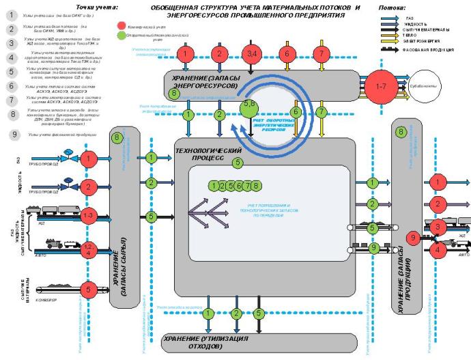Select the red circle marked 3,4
252,53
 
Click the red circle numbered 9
412,237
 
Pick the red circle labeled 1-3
88,216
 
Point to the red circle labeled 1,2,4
88,249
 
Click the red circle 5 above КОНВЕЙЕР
88,290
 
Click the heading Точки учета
95,6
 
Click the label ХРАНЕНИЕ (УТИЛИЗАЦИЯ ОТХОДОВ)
208,342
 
